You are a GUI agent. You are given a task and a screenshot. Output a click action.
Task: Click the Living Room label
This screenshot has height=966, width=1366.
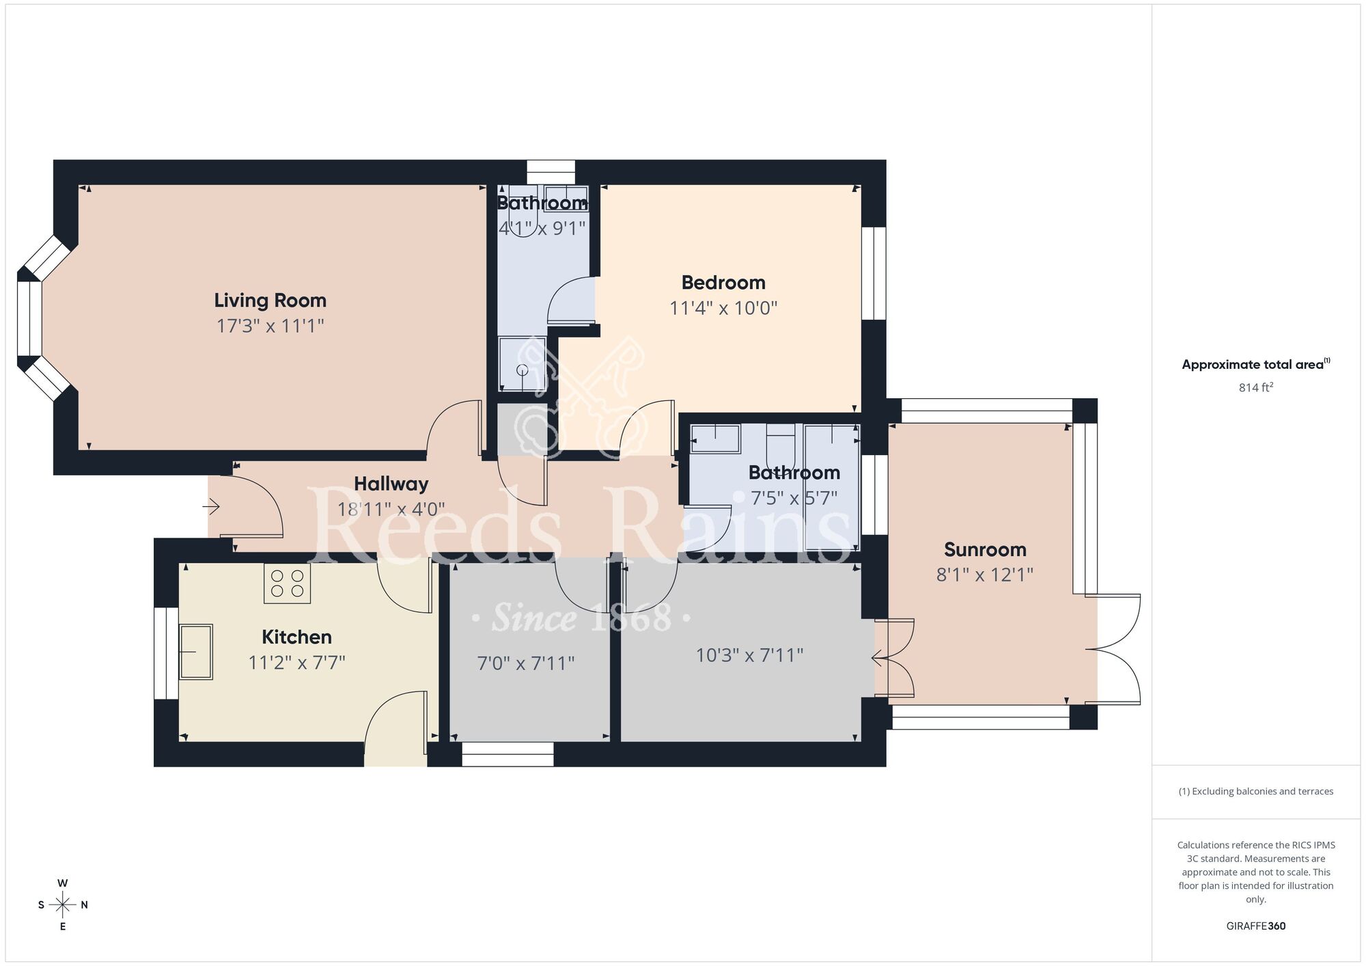pos(270,301)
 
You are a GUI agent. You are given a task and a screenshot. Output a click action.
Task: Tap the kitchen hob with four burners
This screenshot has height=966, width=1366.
pos(287,583)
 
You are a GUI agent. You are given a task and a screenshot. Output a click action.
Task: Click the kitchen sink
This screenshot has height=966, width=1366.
pos(196,651)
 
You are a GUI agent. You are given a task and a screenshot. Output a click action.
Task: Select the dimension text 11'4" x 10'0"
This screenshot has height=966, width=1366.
pos(723,308)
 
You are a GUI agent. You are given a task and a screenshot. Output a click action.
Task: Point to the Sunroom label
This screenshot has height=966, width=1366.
pos(985,549)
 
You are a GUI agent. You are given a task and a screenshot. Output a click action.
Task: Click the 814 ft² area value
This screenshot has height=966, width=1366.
pos(1255,387)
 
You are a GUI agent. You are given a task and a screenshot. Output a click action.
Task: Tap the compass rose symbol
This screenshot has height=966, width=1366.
pos(63,905)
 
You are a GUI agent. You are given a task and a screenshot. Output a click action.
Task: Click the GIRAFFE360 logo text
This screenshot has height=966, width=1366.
pos(1255,926)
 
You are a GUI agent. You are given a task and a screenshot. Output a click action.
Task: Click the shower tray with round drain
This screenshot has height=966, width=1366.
pos(522,364)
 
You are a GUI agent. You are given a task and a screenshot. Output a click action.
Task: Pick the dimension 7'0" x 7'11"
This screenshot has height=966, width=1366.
pos(525,663)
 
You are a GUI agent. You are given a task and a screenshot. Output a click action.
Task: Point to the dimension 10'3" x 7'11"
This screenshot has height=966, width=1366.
pos(749,656)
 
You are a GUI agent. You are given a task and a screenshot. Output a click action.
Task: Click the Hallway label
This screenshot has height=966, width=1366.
pos(391,484)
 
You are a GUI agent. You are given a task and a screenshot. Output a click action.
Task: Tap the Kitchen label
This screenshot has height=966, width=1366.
pos(296,637)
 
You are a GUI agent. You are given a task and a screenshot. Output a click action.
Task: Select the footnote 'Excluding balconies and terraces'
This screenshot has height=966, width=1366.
pos(1255,791)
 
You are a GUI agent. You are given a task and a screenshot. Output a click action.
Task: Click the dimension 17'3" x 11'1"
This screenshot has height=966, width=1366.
pos(270,326)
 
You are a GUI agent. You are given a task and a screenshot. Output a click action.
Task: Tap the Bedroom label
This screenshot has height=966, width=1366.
pos(723,282)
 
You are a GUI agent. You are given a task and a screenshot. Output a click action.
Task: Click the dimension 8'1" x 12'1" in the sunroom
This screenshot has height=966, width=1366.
pos(984,575)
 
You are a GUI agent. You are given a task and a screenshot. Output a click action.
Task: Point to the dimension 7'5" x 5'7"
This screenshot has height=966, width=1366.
pos(794,498)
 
